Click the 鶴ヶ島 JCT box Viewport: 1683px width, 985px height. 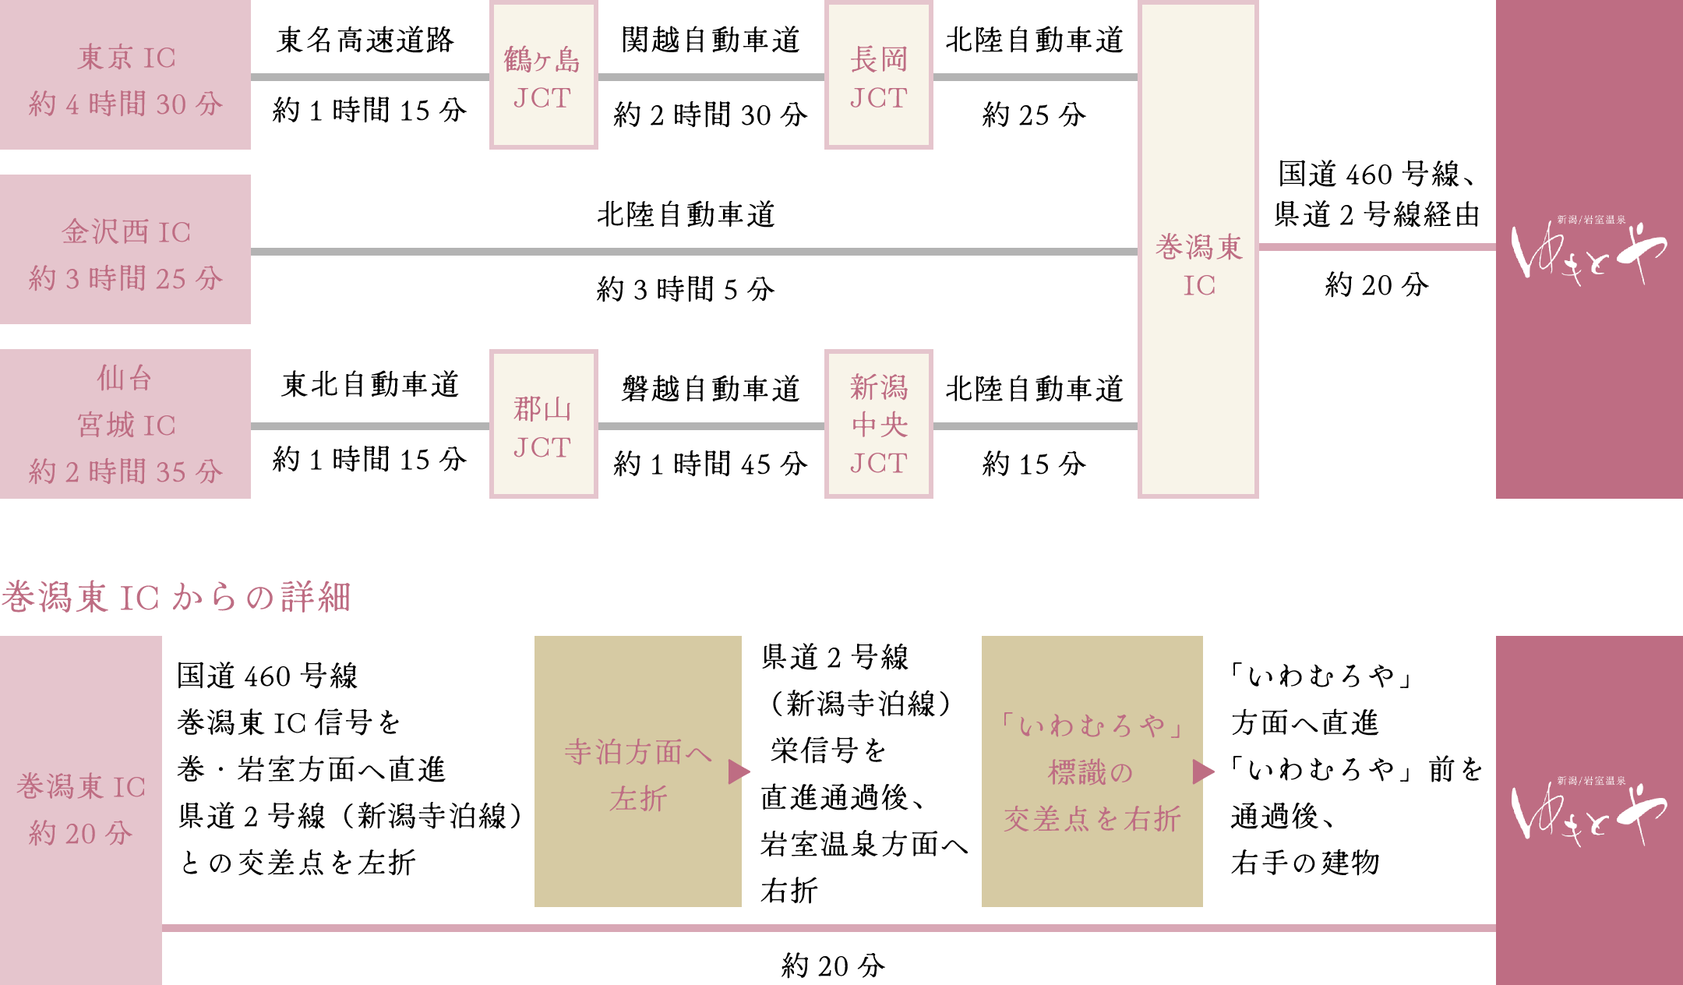pos(543,76)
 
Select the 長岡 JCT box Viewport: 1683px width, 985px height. pos(878,76)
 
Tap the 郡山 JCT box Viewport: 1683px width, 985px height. pos(543,425)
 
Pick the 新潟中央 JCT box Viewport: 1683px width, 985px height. pos(878,425)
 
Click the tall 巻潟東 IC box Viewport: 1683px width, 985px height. pos(1198,249)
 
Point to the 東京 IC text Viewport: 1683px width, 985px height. pos(126,58)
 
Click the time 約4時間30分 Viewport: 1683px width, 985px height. pos(126,104)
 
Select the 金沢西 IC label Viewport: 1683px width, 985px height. pos(126,231)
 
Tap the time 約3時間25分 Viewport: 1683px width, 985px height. pos(126,278)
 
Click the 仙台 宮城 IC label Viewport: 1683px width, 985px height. pos(126,402)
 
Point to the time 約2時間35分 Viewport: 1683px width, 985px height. pos(126,471)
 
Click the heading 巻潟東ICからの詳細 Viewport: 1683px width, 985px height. pos(176,598)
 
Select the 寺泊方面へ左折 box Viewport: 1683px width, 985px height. pos(637,771)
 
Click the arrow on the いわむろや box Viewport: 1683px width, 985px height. pos(1203,771)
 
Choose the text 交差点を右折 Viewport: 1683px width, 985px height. pos(1092,819)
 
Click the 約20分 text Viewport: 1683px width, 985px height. pos(81,833)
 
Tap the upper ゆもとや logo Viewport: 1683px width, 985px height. pos(1589,251)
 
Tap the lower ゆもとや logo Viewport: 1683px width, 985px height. pos(1589,812)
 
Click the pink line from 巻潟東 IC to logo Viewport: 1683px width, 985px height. pos(1377,247)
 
